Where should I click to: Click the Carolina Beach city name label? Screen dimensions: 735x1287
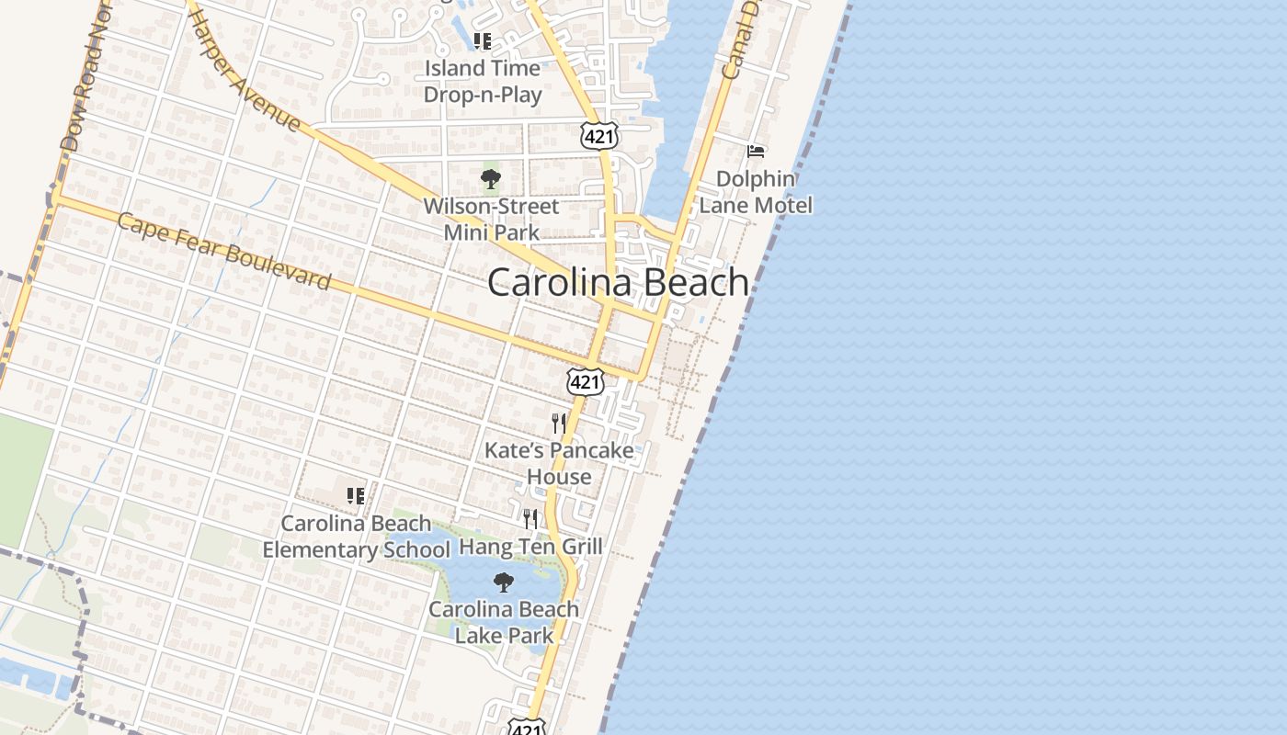click(618, 282)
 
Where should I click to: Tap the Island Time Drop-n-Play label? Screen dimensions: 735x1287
click(482, 81)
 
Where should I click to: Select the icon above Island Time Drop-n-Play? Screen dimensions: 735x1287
click(483, 40)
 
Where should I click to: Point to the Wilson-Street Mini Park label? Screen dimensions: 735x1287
click(491, 219)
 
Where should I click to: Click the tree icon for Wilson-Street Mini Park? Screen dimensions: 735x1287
click(491, 179)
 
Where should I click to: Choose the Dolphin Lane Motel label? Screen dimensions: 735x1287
click(756, 192)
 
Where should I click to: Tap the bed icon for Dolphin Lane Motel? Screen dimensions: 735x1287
click(756, 151)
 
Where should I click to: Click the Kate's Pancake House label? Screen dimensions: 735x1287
click(559, 463)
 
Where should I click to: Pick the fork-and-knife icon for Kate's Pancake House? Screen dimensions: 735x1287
click(559, 423)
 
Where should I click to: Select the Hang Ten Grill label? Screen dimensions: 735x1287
click(530, 547)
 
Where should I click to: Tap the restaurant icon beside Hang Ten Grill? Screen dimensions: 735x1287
click(530, 519)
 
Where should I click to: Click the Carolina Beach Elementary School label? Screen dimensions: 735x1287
click(356, 537)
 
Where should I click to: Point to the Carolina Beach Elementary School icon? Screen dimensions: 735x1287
click(356, 496)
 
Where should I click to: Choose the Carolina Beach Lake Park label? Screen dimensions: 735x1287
click(504, 622)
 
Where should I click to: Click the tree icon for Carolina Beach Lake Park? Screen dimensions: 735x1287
click(503, 582)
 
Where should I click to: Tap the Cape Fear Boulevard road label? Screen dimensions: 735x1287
click(224, 252)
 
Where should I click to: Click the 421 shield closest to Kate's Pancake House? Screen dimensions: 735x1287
click(586, 381)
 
